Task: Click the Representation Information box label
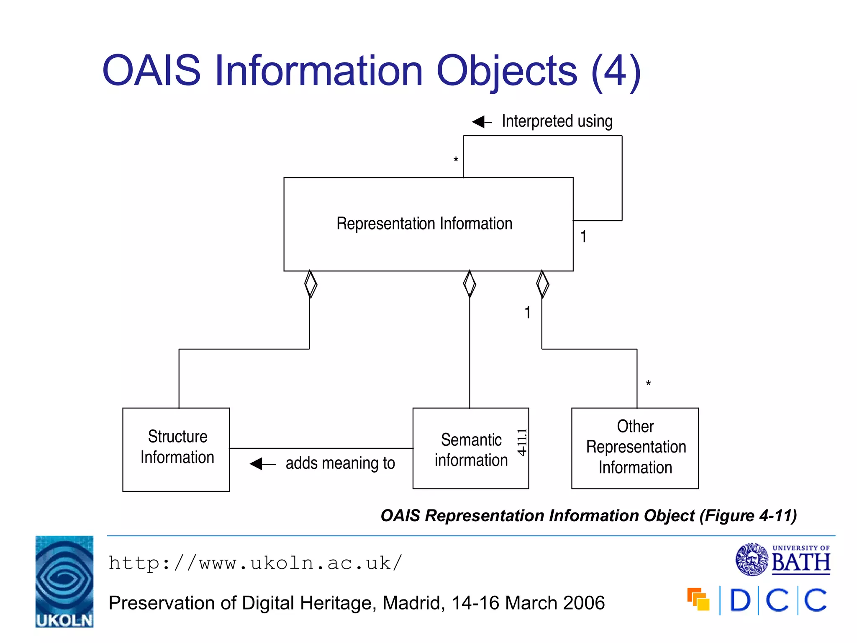point(424,224)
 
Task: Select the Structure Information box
point(176,449)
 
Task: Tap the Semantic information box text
point(471,450)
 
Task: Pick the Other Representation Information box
point(635,448)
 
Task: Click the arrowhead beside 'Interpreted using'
point(480,122)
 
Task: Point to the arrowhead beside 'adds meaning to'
point(257,464)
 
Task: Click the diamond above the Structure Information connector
point(310,284)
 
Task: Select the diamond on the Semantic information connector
point(470,284)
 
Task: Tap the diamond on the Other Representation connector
point(542,284)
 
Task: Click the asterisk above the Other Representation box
point(648,383)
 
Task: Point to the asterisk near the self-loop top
point(456,160)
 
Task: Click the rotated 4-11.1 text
point(522,442)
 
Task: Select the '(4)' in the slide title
point(616,71)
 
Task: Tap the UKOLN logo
point(64,581)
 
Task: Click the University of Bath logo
point(783,559)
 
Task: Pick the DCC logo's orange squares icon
point(698,599)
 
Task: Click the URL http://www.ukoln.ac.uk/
point(255,563)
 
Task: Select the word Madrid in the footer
point(413,603)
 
